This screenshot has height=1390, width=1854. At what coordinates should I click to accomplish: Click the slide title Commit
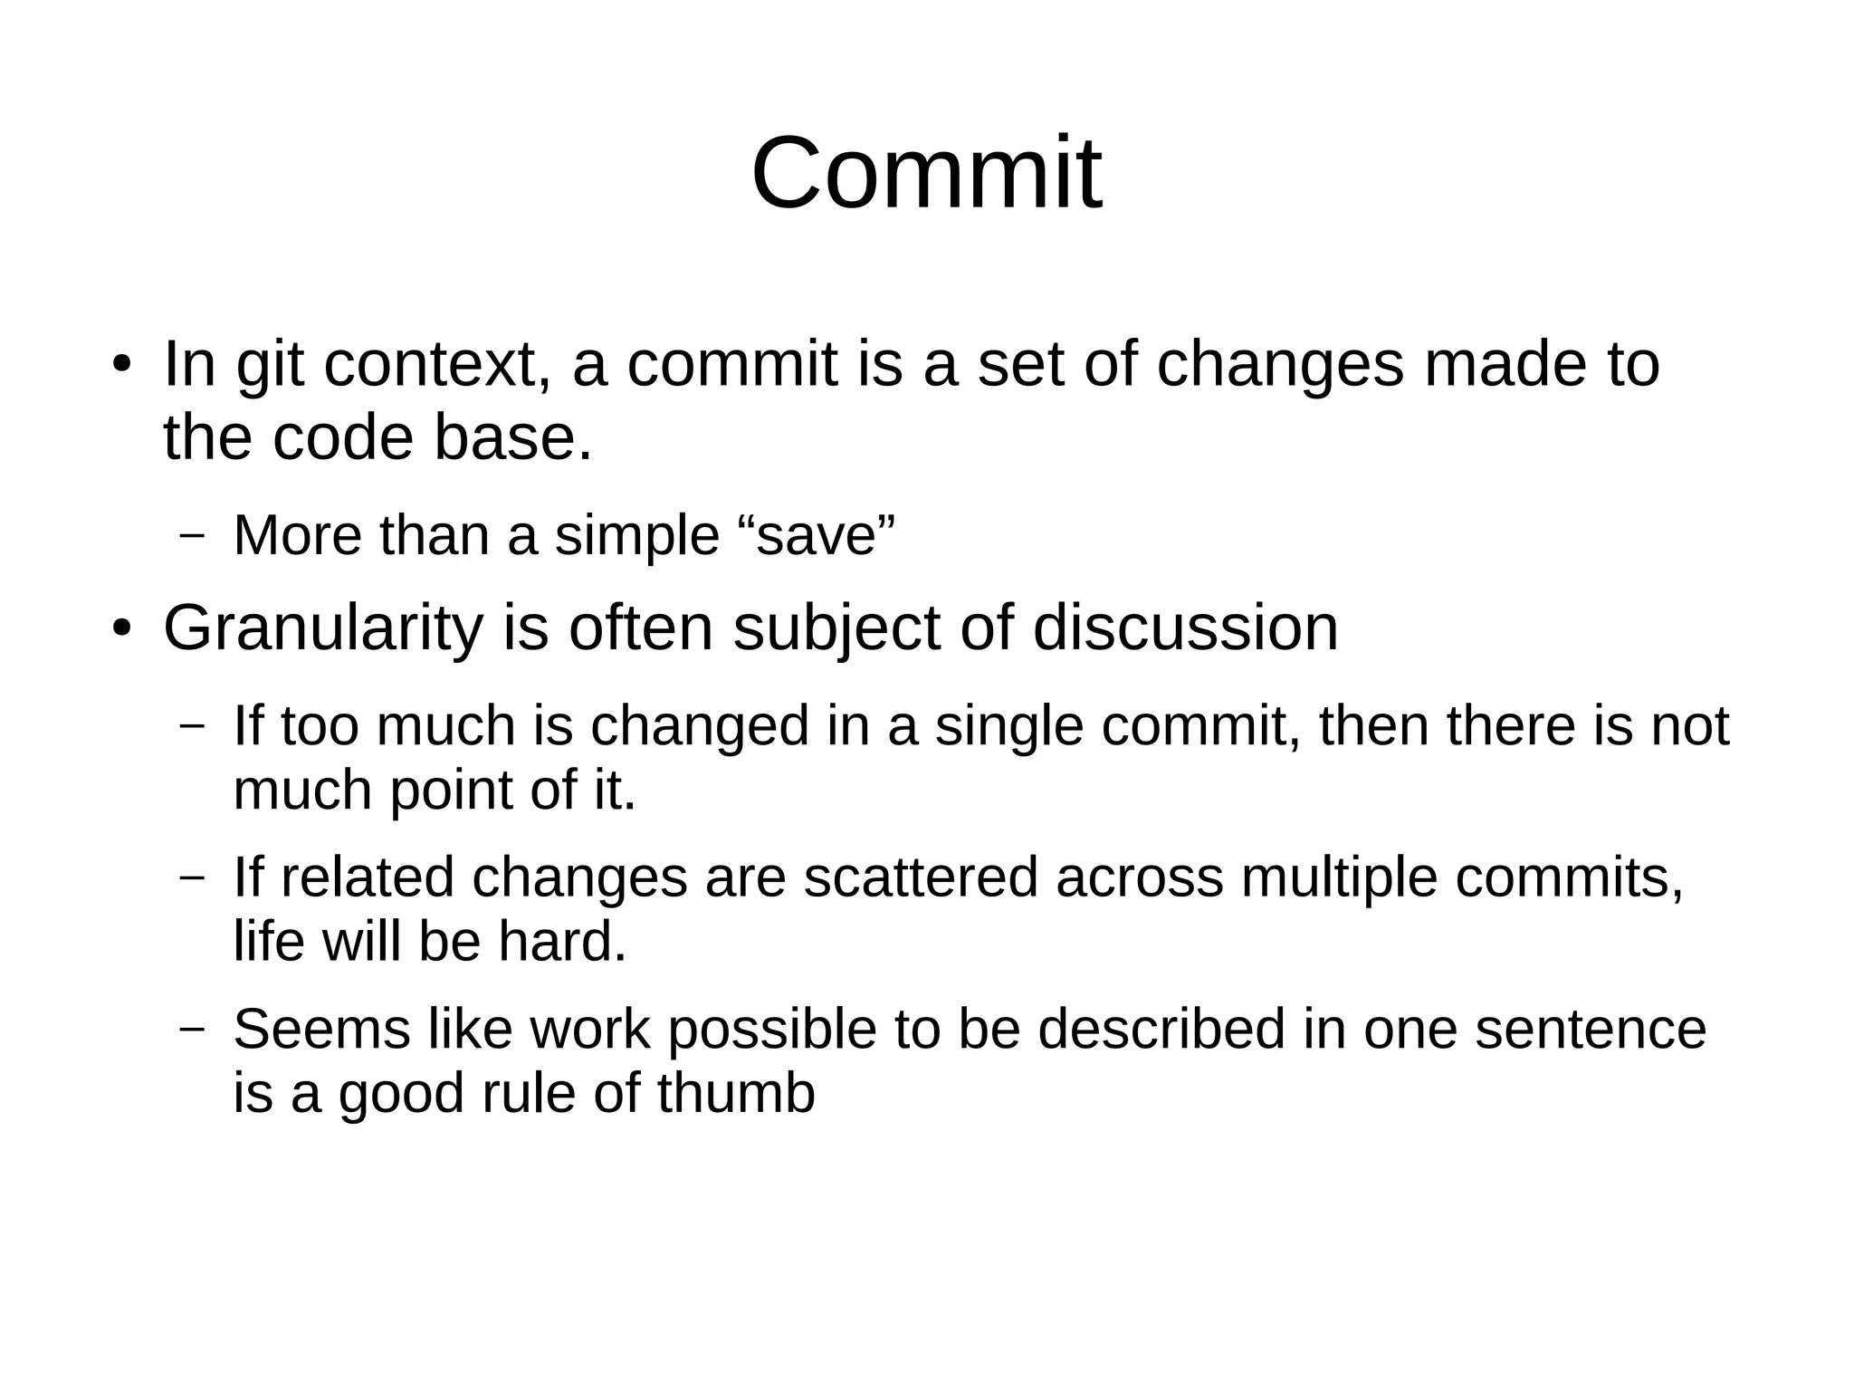pyautogui.click(x=926, y=173)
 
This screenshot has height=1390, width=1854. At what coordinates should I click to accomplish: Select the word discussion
pyautogui.click(x=1185, y=628)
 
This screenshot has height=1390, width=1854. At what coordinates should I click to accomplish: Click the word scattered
pyautogui.click(x=921, y=877)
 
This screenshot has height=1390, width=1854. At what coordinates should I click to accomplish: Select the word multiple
pyautogui.click(x=1339, y=877)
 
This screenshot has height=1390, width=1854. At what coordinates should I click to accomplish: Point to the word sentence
pyautogui.click(x=1591, y=1030)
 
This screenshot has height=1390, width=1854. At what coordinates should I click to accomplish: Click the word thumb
pyautogui.click(x=736, y=1093)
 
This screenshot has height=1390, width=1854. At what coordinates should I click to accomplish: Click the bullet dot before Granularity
pyautogui.click(x=122, y=628)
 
